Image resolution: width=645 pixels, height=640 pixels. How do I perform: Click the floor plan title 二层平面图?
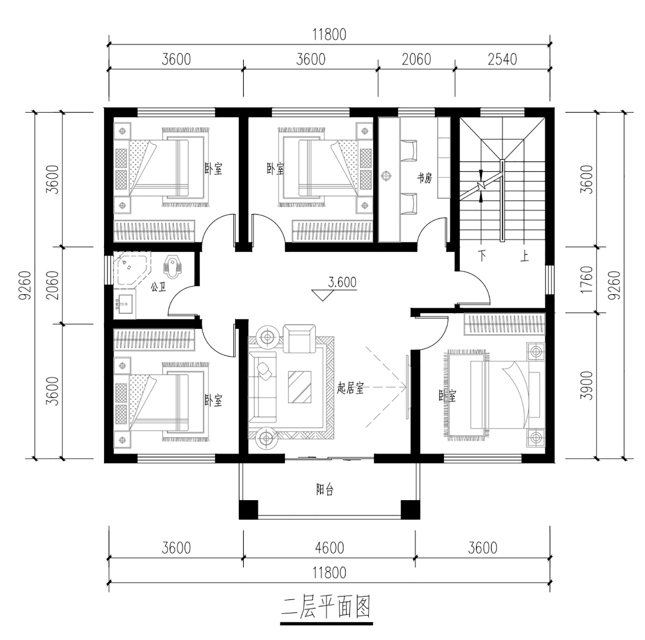[x=326, y=607]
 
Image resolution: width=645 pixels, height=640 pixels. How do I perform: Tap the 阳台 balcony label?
[x=325, y=490]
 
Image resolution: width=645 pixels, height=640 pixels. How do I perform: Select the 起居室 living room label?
[x=350, y=389]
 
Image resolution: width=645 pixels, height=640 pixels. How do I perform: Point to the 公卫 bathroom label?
[x=158, y=287]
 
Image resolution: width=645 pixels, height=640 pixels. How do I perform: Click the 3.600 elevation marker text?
[x=342, y=282]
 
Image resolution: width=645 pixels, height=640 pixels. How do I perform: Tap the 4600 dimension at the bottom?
[x=329, y=548]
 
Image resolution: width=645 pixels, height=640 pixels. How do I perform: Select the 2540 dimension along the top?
[x=502, y=59]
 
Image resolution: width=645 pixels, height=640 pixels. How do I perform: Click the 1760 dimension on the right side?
[x=587, y=280]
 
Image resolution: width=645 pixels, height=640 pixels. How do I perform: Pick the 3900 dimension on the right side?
[x=587, y=386]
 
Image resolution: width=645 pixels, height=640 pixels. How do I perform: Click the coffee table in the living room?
[x=300, y=386]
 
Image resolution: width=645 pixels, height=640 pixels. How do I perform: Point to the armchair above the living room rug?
[x=299, y=338]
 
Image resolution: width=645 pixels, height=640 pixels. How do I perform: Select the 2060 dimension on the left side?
[x=52, y=285]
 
